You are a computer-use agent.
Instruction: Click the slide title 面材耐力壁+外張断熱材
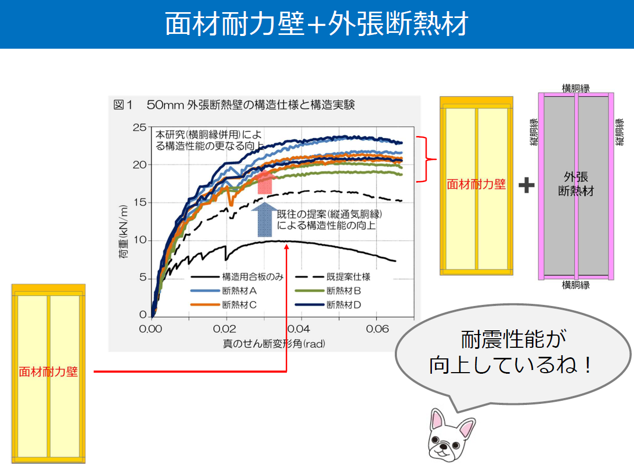point(316,23)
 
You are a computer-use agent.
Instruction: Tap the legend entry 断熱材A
point(239,291)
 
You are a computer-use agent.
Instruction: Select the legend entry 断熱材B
point(343,291)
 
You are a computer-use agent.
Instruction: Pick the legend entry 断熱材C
point(239,305)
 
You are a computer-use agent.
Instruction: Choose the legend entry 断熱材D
point(343,305)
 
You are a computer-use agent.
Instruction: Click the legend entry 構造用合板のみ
point(253,277)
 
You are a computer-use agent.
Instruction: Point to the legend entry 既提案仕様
point(349,277)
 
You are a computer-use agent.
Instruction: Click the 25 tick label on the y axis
point(140,128)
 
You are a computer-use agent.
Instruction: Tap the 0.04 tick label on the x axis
point(299,329)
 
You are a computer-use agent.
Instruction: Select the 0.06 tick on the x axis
point(377,329)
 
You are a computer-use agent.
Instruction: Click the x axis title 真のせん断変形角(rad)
point(274,344)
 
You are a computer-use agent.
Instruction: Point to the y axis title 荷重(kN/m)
point(123,232)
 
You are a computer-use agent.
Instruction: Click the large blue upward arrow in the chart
point(265,220)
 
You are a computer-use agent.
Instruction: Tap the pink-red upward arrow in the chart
point(265,182)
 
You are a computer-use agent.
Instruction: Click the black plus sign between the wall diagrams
point(527,185)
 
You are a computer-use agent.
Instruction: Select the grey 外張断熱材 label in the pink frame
point(576,184)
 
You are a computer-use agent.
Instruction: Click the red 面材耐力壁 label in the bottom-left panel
point(48,372)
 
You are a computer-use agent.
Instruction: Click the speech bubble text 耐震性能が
point(513,339)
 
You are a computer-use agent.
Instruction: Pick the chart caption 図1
point(123,105)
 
